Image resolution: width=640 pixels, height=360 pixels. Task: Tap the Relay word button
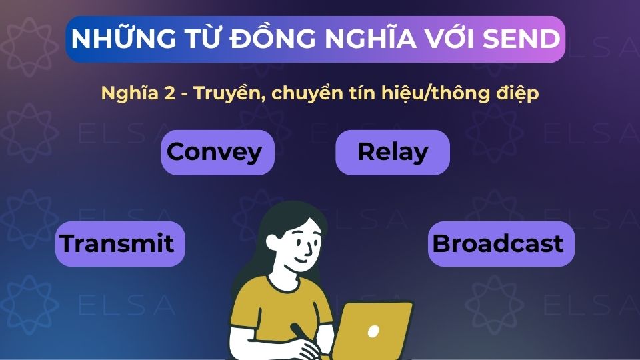click(x=392, y=153)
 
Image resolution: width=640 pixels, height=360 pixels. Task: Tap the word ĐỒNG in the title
click(x=272, y=39)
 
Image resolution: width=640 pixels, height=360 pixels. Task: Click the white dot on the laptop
click(x=373, y=331)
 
